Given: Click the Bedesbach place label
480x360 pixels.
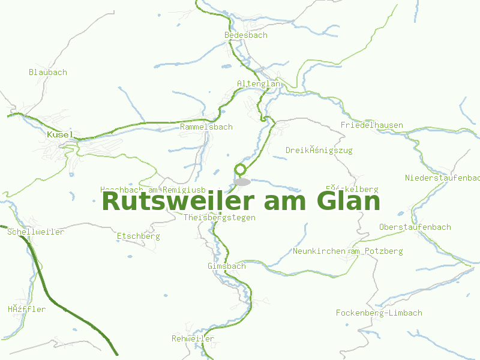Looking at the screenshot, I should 246,35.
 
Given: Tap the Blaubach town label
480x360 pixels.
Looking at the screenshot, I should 48,72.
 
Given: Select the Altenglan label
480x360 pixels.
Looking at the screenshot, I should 259,84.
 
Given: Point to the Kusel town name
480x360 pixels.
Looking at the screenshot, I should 59,135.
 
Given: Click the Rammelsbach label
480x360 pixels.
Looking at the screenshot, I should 206,127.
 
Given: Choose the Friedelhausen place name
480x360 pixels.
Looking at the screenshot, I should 372,125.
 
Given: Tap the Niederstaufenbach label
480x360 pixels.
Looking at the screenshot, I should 443,178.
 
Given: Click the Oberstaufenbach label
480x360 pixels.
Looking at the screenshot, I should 415,227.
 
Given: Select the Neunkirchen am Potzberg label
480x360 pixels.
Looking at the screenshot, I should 348,251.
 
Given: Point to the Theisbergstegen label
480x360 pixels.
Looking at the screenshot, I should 220,217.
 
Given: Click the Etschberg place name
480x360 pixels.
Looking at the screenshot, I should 139,236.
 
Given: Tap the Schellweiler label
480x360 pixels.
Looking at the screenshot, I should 36,232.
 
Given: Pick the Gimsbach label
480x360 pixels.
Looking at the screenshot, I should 227,266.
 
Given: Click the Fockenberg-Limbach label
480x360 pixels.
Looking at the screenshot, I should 379,313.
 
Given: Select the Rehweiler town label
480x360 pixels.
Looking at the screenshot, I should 193,338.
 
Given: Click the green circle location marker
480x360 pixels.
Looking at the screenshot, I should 241,169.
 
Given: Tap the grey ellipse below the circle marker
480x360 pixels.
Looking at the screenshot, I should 242,181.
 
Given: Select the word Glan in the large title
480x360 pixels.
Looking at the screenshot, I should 348,200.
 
